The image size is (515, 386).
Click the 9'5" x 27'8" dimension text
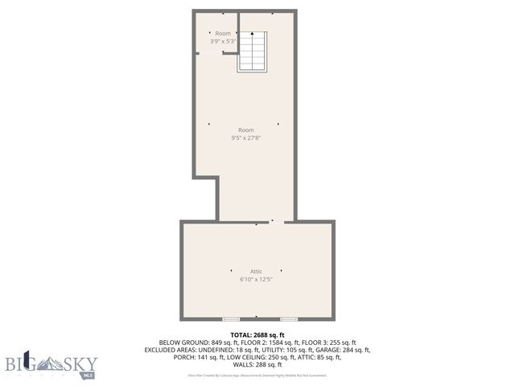coord(245,138)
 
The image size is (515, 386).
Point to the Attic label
coord(256,271)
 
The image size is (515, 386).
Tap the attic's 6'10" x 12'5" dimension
coord(256,280)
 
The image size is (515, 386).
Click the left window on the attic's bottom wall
coord(231,319)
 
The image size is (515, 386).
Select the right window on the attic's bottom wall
coord(289,319)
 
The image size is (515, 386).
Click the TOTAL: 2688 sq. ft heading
coord(257,335)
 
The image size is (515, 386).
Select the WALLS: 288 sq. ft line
coord(257,365)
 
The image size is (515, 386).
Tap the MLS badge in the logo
coord(89,375)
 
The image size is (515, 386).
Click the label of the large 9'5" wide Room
coord(245,129)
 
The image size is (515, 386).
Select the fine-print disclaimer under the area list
coord(257,375)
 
